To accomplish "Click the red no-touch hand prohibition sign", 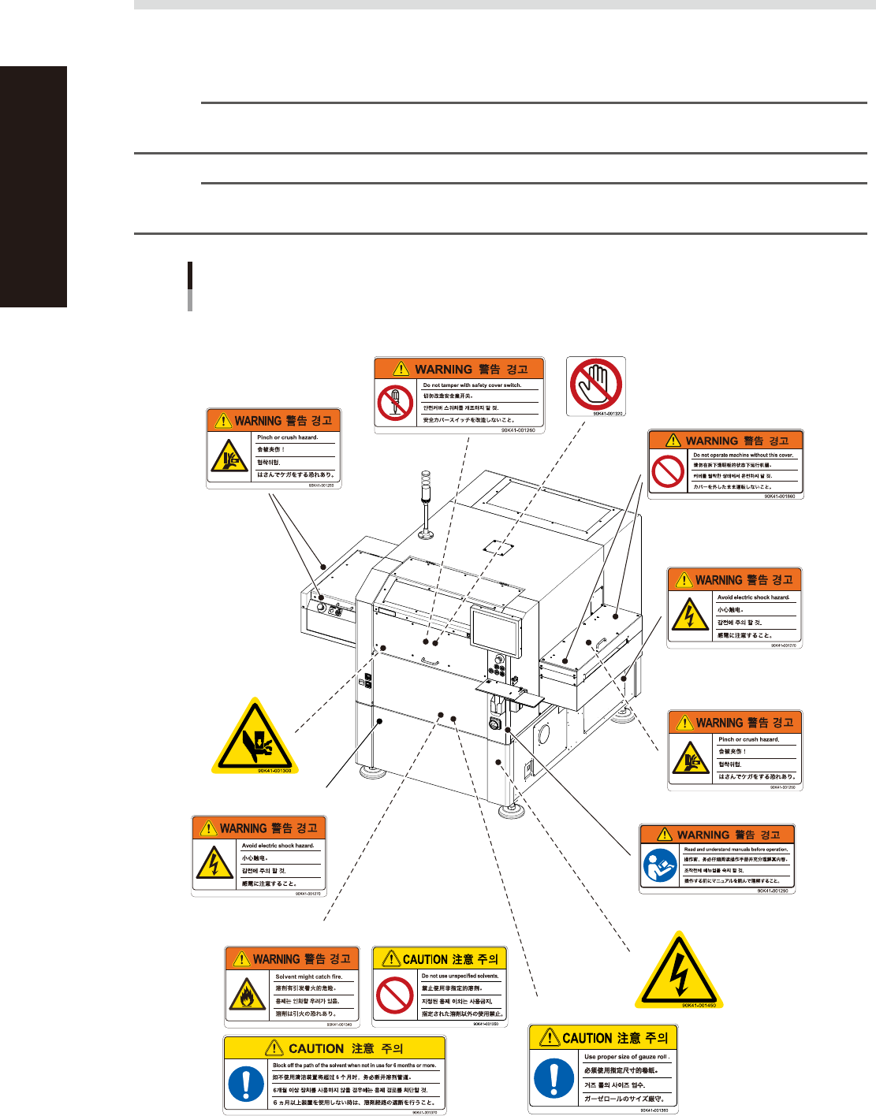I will tap(596, 385).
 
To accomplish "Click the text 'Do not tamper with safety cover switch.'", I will tap(472, 385).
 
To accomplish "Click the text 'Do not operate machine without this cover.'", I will tap(743, 456).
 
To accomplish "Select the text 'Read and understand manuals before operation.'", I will tap(736, 850).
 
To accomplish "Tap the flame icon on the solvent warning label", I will tap(247, 995).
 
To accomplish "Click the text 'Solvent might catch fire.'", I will tap(308, 976).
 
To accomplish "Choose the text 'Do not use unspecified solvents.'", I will tap(460, 976).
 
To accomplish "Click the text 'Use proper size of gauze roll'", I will tap(626, 1057).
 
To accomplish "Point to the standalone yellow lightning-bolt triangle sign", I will tap(678, 971).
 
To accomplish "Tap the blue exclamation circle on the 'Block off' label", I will tap(246, 1084).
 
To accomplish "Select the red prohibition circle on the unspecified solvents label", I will tap(395, 996).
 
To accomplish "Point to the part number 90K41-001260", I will tap(517, 431).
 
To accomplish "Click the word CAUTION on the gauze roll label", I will tap(587, 1039).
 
